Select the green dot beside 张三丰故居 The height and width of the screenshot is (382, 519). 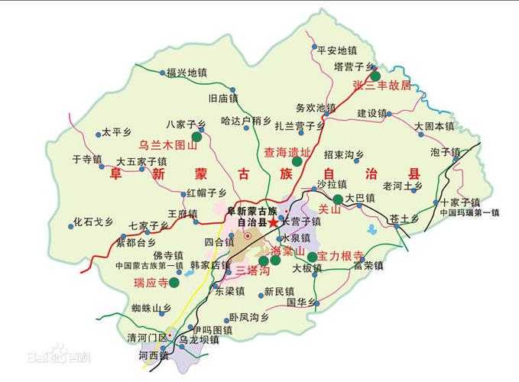(375, 75)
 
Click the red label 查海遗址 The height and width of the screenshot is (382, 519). (286, 153)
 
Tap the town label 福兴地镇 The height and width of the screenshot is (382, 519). (187, 73)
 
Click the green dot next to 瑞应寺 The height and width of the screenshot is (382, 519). (174, 282)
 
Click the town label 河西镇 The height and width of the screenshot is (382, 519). (154, 355)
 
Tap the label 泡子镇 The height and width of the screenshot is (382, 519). (445, 152)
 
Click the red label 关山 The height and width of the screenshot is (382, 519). (328, 208)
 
